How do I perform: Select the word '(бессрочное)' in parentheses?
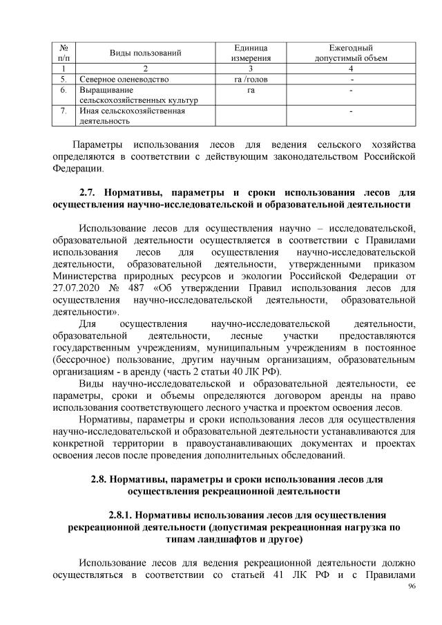tap(83, 360)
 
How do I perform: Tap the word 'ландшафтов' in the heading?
tap(224, 539)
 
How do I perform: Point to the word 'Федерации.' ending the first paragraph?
tap(78, 167)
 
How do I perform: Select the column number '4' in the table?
tap(350, 68)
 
